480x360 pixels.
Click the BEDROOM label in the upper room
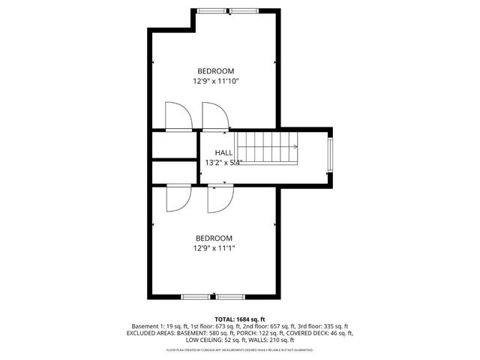click(x=216, y=71)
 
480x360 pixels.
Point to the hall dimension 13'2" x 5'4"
click(x=223, y=161)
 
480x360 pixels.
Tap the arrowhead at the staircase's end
click(x=296, y=147)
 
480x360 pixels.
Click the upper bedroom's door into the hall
click(x=216, y=118)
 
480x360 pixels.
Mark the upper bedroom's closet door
click(x=178, y=118)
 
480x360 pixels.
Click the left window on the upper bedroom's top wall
click(x=211, y=11)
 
